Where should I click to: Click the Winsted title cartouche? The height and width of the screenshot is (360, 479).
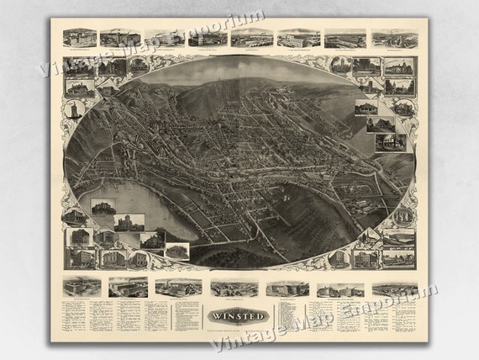[236, 316]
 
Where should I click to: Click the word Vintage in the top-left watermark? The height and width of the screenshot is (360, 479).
[71, 60]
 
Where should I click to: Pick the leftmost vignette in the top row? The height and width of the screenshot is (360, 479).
[79, 38]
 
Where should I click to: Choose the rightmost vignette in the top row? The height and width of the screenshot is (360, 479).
[394, 38]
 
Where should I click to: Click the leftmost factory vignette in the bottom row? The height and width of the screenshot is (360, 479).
[82, 287]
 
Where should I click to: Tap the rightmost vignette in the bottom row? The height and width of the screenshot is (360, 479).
[394, 289]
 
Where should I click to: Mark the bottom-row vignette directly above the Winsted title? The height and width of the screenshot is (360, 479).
[234, 289]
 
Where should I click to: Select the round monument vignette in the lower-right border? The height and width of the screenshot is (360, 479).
[339, 256]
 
